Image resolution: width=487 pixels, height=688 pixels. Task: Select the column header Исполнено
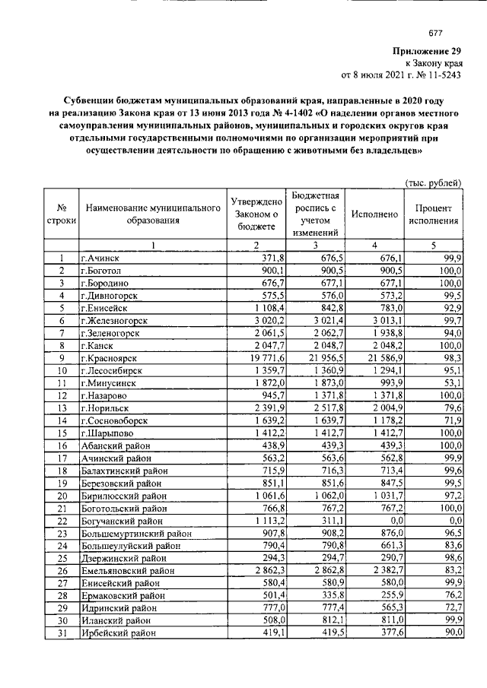[374, 214]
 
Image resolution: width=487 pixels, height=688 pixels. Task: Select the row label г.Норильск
[107, 407]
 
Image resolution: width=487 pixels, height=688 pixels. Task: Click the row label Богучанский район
[123, 520]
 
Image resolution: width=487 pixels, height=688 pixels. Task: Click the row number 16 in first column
[61, 445]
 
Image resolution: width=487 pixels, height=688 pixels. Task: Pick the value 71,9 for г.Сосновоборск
[452, 420]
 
